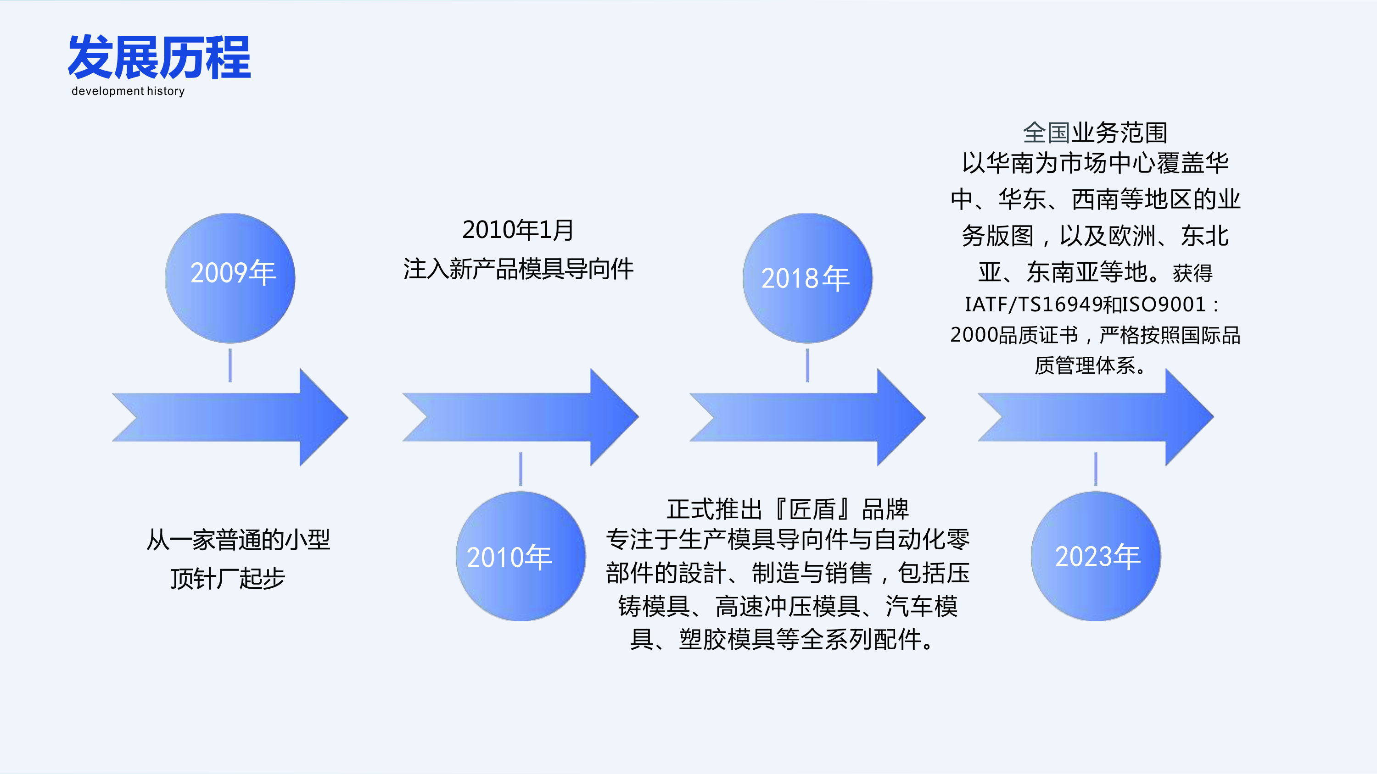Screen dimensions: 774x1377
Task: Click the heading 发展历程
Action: tap(159, 58)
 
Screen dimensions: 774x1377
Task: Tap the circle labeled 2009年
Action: tap(230, 278)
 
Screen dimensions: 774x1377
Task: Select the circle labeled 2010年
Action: tap(520, 556)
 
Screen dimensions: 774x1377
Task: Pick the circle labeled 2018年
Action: tap(807, 278)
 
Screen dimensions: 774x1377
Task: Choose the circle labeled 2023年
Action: tap(1096, 556)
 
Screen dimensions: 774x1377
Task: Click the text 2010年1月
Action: tap(518, 230)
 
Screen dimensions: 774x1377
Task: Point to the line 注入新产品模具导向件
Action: tap(518, 269)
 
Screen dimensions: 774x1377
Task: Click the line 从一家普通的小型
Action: tap(238, 540)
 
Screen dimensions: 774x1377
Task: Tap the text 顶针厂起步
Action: tap(228, 579)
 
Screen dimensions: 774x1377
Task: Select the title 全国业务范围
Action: tap(1095, 133)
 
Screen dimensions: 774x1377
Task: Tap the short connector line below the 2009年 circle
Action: tap(230, 365)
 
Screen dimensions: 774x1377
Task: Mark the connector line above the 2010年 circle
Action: tap(521, 469)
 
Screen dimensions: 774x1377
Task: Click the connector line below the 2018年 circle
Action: tap(807, 365)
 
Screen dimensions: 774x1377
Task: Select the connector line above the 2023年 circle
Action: tap(1096, 469)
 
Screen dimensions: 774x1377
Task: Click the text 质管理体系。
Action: tap(1091, 366)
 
